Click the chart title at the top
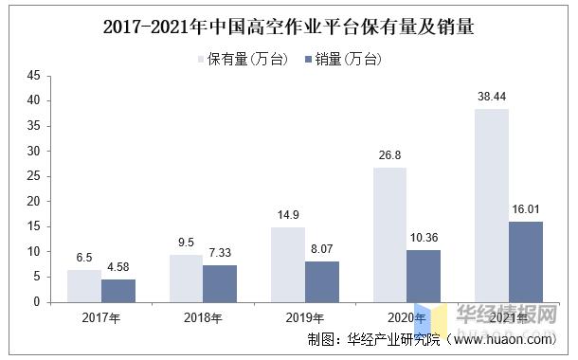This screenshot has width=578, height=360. [x=288, y=27]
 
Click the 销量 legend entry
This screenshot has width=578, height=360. [x=343, y=60]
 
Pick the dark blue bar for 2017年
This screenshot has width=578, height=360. [x=117, y=290]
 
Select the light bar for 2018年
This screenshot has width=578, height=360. [x=186, y=278]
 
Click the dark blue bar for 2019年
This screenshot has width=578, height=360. [x=321, y=281]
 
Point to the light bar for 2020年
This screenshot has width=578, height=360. [x=389, y=234]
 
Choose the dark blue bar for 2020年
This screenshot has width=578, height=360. [x=424, y=276]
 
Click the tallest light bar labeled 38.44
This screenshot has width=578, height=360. [x=491, y=205]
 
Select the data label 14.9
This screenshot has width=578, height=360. [x=287, y=217]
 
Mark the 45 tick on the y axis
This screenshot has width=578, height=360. [x=35, y=75]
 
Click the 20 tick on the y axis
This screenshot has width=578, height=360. [x=35, y=201]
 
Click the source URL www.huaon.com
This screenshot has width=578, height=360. [x=513, y=339]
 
